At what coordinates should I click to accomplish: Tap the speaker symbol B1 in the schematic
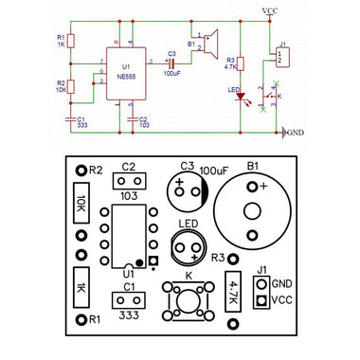pyautogui.click(x=210, y=45)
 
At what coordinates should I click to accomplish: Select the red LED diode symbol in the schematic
pyautogui.click(x=242, y=95)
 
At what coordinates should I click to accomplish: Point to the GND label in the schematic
pyautogui.click(x=295, y=133)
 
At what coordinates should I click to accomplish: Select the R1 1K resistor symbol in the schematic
pyautogui.click(x=73, y=41)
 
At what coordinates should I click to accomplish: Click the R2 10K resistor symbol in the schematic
pyautogui.click(x=73, y=86)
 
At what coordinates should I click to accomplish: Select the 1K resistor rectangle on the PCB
pyautogui.click(x=82, y=288)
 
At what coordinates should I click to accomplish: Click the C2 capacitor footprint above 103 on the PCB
pyautogui.click(x=129, y=180)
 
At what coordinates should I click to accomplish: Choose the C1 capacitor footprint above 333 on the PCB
pyautogui.click(x=129, y=300)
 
